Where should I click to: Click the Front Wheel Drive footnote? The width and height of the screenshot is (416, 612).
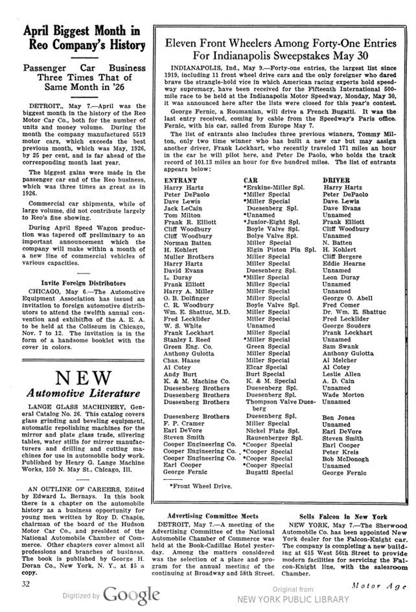[200, 484]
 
